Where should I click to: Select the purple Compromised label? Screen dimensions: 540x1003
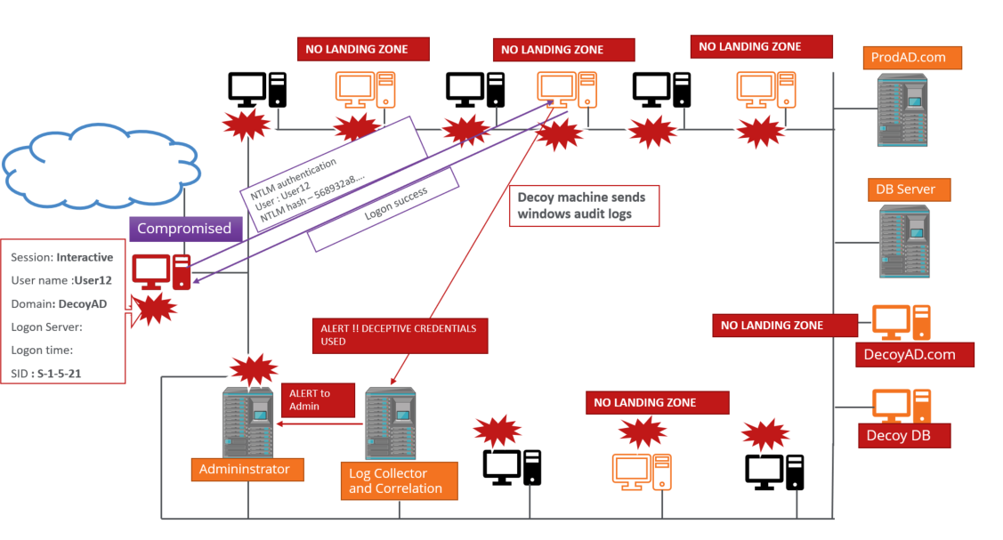tap(183, 229)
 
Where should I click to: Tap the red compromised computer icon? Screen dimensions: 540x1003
tap(160, 272)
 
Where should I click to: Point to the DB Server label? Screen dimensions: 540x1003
tap(908, 189)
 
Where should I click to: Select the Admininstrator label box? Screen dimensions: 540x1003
tap(244, 469)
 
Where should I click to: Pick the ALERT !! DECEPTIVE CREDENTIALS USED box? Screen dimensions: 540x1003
tap(399, 334)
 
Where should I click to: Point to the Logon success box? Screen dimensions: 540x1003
tap(384, 209)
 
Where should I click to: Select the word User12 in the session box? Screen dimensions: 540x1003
tap(93, 280)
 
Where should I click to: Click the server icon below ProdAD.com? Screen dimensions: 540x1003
tap(901, 109)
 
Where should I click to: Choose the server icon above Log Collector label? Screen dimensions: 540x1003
tap(391, 423)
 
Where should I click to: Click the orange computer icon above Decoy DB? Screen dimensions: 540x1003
tap(901, 406)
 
